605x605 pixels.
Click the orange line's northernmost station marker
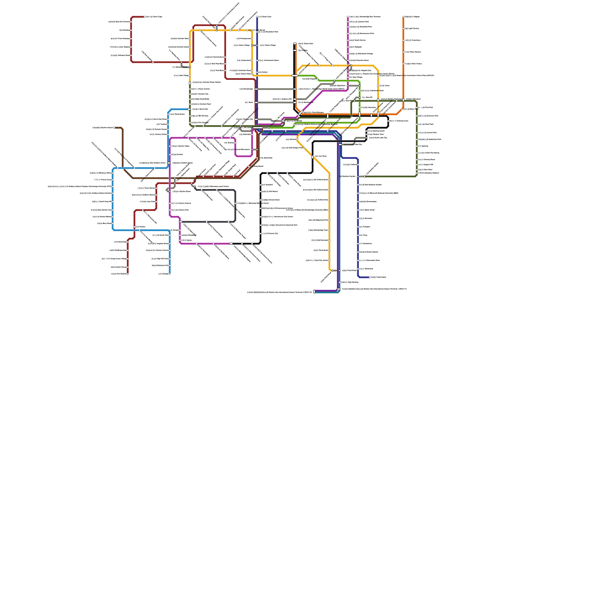[x=403, y=17]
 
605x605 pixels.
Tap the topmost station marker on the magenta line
[x=348, y=17]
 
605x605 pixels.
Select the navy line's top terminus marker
[x=257, y=17]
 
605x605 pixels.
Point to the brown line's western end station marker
[x=115, y=128]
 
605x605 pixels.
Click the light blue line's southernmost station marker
[x=170, y=274]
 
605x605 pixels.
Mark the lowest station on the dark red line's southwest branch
[x=128, y=274]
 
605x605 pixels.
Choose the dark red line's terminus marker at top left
[x=144, y=17]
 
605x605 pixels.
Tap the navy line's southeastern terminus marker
[x=369, y=277]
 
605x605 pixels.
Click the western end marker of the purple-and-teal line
[x=314, y=292]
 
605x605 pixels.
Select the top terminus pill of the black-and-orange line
[x=295, y=44]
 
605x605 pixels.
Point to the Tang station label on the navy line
[x=365, y=235]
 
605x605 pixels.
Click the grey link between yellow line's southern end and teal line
[x=335, y=271]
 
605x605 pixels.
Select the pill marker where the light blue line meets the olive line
[x=189, y=109]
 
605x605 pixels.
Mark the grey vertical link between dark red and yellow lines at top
[x=217, y=28]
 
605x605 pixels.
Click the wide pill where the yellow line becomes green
[x=295, y=76]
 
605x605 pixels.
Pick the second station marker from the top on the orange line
[x=403, y=29]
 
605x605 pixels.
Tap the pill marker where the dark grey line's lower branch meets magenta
[x=180, y=222]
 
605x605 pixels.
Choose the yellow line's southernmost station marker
[x=332, y=271]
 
